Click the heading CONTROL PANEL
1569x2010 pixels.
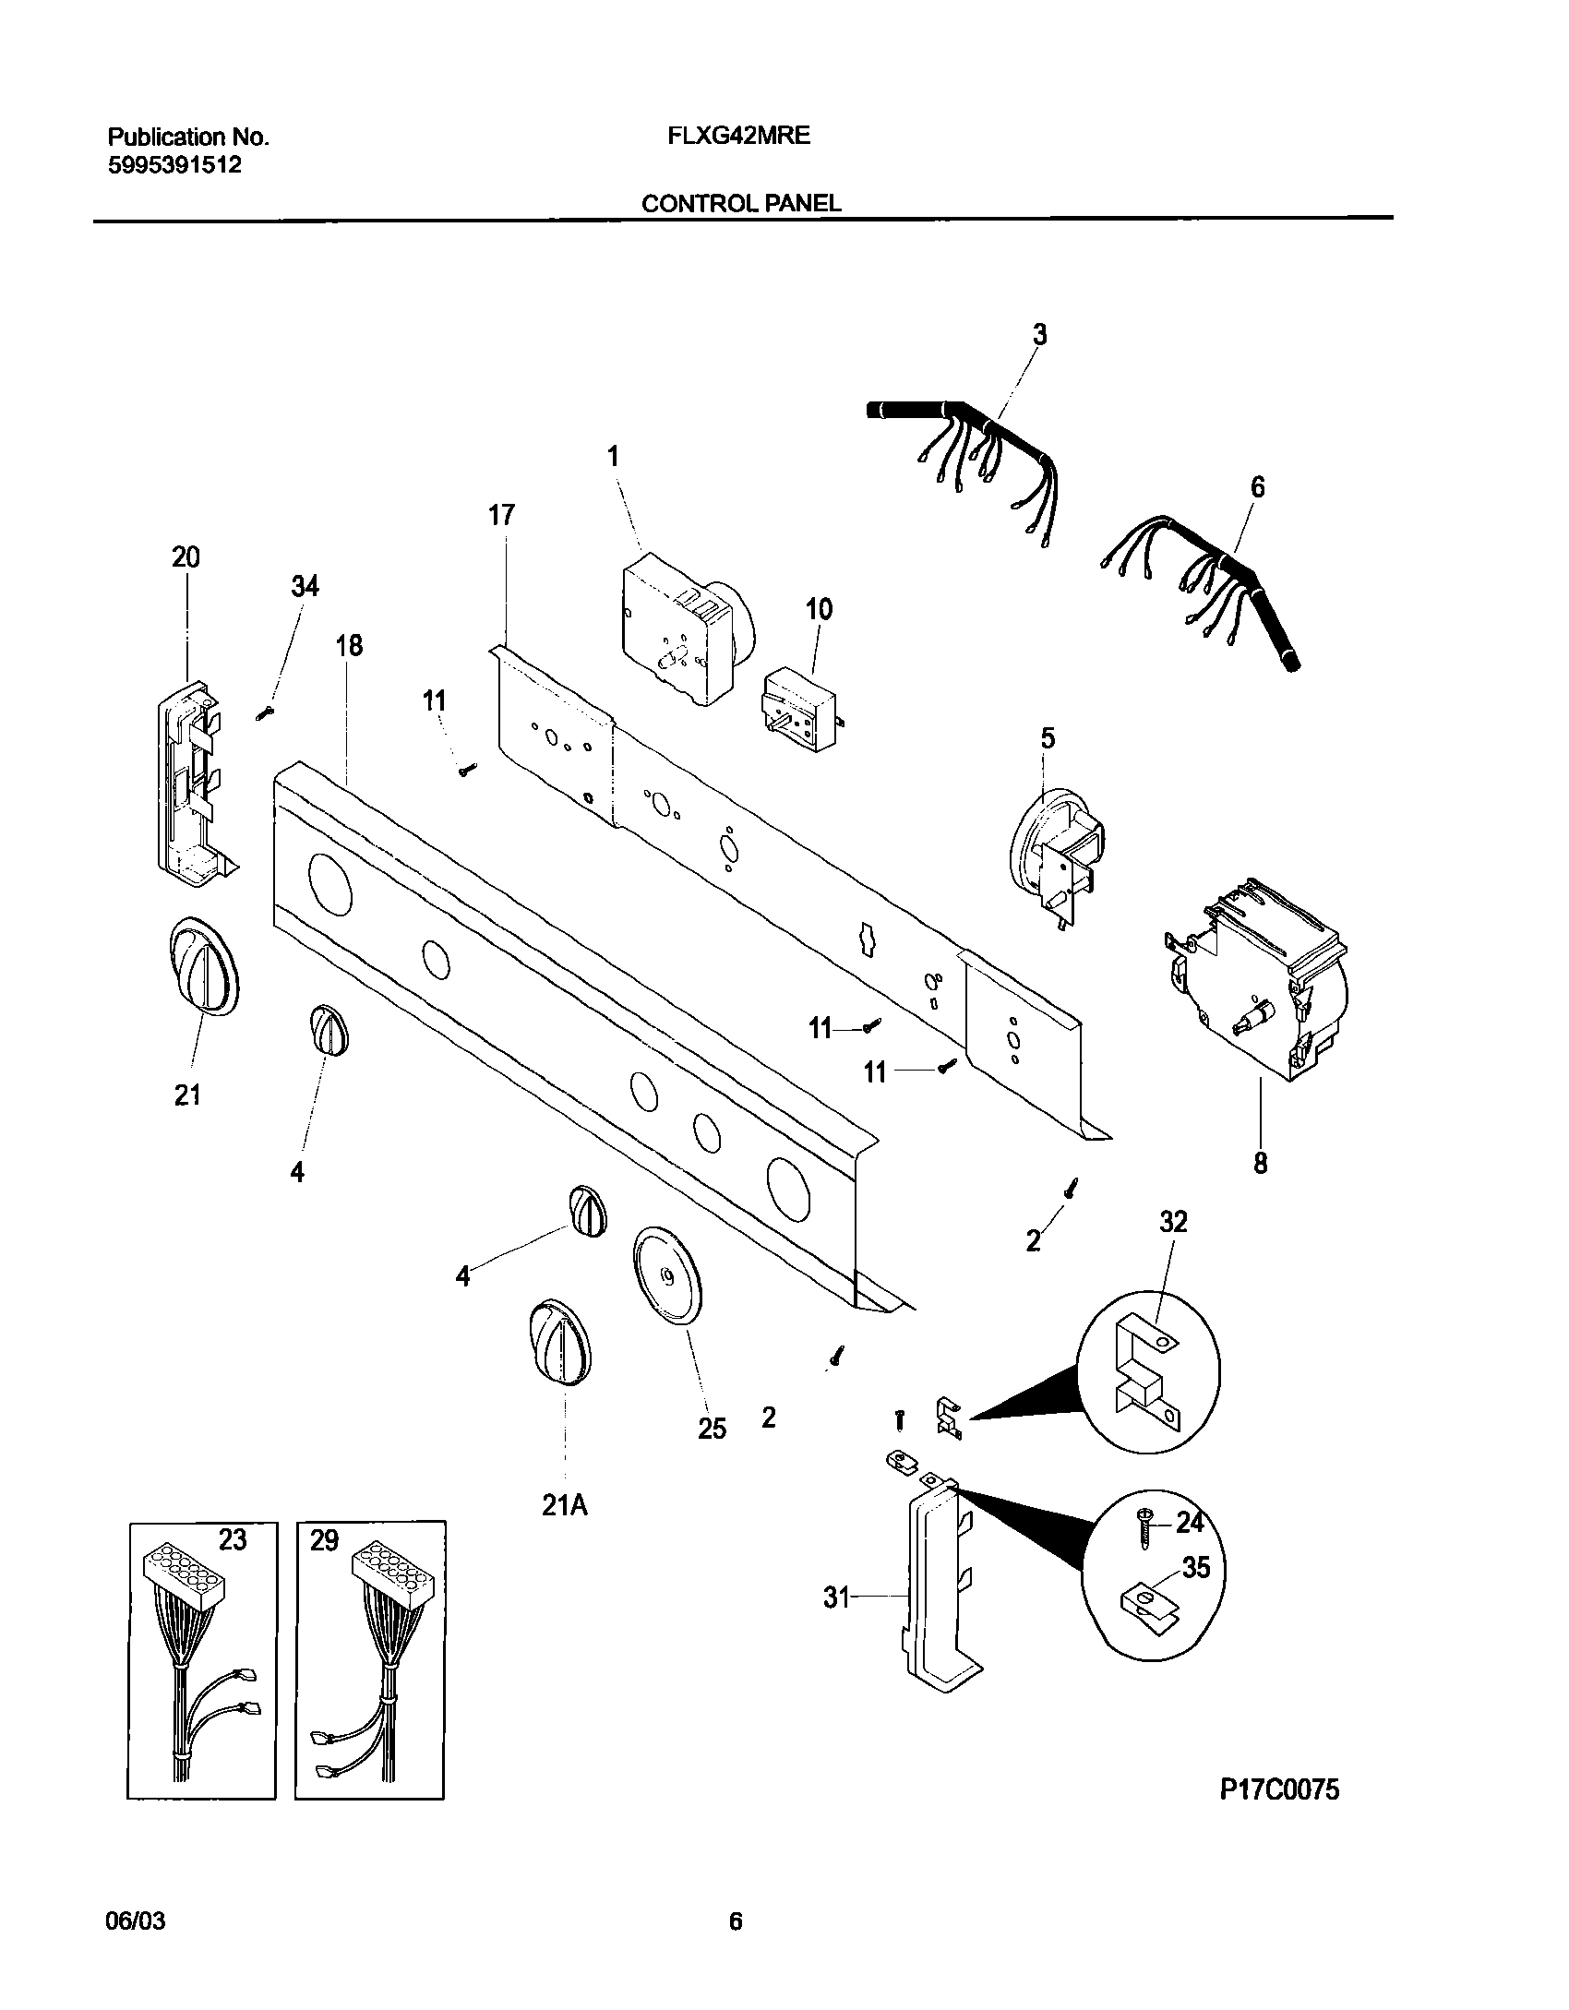(x=740, y=203)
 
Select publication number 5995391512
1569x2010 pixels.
(x=174, y=165)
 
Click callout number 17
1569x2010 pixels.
(x=501, y=515)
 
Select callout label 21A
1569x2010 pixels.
(x=564, y=1506)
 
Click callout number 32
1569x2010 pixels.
(x=1173, y=1222)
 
